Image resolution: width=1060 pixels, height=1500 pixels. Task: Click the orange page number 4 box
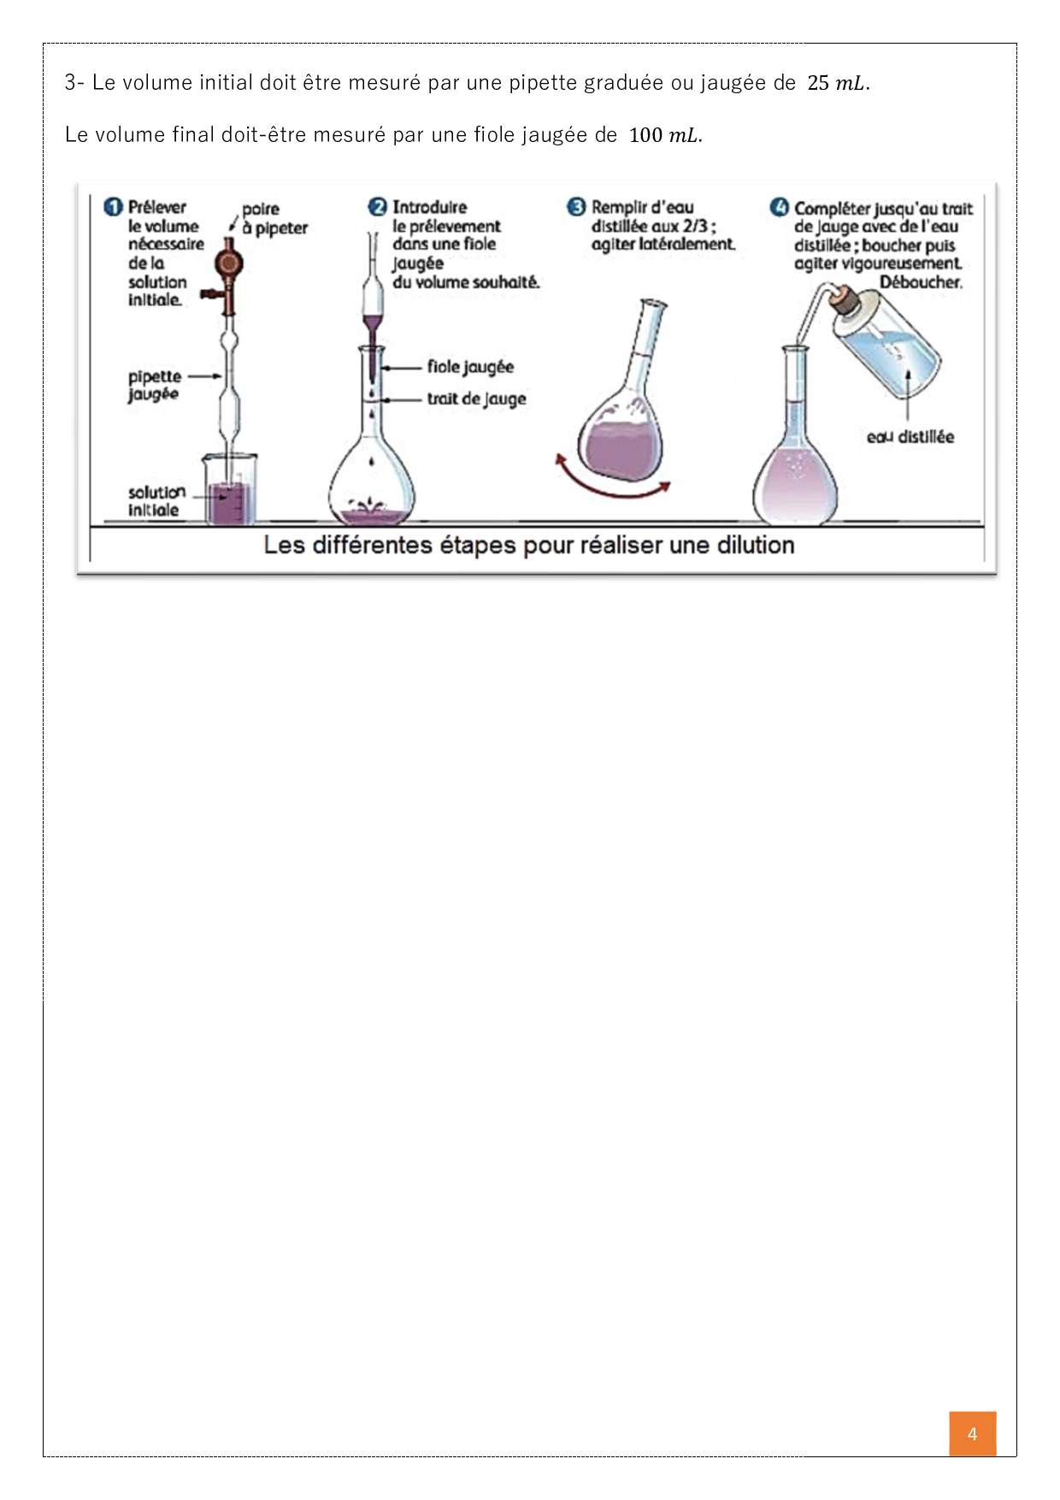tap(972, 1433)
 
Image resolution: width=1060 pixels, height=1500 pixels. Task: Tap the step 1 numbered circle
tap(113, 208)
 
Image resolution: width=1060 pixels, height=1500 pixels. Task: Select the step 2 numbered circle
tap(378, 207)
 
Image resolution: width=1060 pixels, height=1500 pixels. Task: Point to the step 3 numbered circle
tap(577, 207)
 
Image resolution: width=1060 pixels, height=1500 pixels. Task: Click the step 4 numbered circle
tap(780, 208)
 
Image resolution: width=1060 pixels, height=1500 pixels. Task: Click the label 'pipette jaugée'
tap(155, 385)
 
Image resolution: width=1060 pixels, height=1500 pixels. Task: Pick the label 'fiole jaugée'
tap(470, 367)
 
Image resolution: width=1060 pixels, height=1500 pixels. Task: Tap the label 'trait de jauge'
tap(476, 399)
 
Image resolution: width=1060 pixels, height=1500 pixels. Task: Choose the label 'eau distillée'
tap(910, 437)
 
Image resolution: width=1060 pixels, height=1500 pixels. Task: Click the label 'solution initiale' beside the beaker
tap(156, 501)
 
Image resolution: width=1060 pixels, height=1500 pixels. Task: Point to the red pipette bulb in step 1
tap(228, 263)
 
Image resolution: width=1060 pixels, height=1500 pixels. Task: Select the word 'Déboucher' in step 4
tap(921, 282)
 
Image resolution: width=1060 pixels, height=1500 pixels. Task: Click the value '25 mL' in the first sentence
tap(838, 83)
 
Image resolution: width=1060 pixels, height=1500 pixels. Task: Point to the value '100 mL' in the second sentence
tap(664, 135)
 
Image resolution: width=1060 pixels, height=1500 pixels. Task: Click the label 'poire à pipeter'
tap(274, 218)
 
